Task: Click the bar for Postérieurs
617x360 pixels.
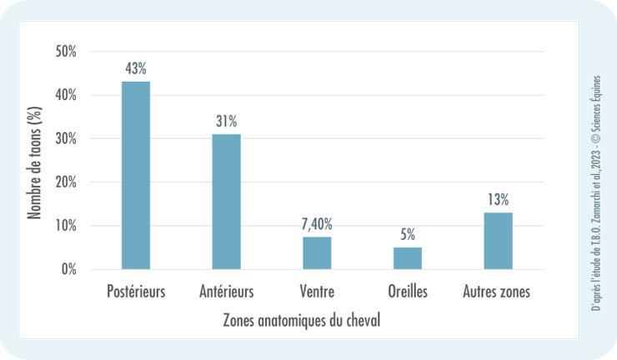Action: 136,175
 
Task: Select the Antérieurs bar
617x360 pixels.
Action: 227,202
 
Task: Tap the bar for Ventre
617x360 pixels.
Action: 317,253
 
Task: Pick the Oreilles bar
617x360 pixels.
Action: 408,258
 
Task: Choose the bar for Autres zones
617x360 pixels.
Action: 499,241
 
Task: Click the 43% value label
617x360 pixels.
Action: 136,68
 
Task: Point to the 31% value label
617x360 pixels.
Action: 227,121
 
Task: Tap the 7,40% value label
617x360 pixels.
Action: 317,223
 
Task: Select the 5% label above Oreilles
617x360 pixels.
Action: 408,234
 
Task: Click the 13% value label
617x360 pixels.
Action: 499,199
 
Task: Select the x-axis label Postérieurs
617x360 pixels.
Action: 136,292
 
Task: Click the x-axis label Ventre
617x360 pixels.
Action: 317,292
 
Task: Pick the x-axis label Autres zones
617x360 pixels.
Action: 499,292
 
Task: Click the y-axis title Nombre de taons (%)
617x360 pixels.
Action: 36,158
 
